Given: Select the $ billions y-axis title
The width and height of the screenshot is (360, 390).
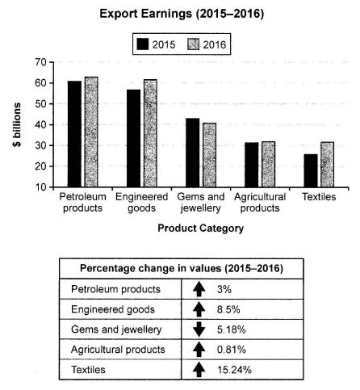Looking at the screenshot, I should (x=14, y=124).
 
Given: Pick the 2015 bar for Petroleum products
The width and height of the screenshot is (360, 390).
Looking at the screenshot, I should (x=75, y=134).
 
